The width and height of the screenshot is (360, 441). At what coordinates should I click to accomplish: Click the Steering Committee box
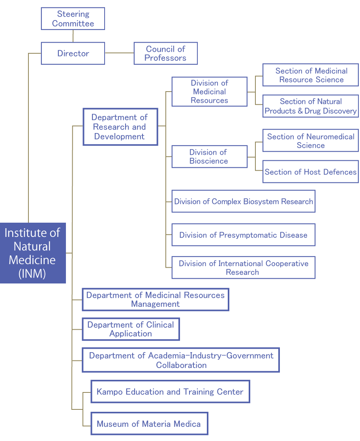point(73,19)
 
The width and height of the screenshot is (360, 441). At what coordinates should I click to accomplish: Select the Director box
point(73,53)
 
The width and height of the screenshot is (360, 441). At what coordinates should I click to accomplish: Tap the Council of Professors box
point(166,53)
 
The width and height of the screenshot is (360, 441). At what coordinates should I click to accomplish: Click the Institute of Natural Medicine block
point(33,253)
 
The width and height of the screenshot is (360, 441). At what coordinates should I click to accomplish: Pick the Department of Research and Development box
point(120,127)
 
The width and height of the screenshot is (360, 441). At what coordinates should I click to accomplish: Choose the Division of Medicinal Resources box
point(210,92)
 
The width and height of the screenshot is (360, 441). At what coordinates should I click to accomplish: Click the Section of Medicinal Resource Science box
point(311,75)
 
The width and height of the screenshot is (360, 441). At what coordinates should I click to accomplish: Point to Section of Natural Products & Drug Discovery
point(311,106)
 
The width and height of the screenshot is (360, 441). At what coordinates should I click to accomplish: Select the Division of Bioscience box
point(210,156)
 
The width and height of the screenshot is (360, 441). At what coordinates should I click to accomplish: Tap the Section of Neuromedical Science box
point(311,140)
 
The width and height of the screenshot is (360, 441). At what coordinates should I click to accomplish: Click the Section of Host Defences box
point(311,172)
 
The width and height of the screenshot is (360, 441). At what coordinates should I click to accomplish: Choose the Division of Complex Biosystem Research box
point(244,201)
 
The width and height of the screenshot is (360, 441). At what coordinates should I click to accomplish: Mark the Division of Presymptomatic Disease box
point(244,235)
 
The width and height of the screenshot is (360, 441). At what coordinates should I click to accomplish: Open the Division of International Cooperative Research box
point(244,267)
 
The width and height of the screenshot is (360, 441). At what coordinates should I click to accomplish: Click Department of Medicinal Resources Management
point(156,300)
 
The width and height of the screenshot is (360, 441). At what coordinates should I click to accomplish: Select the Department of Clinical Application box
point(131,329)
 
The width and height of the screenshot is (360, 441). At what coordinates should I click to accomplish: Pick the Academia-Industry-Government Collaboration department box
point(181,360)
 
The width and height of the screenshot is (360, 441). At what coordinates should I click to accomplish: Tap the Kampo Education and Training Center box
point(171,392)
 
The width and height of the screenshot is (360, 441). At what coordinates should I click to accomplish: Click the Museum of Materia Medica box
point(149,424)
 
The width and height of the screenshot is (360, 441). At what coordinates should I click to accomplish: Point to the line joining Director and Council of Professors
point(119,53)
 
